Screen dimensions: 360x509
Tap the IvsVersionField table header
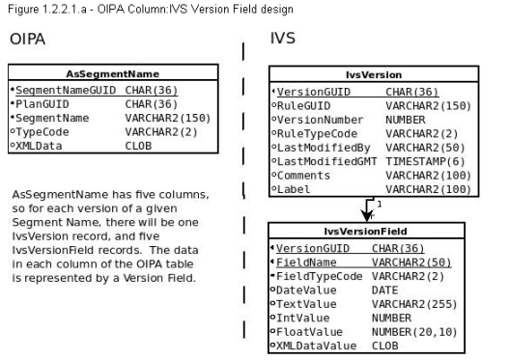coord(374,233)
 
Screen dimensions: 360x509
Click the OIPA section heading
coord(28,41)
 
